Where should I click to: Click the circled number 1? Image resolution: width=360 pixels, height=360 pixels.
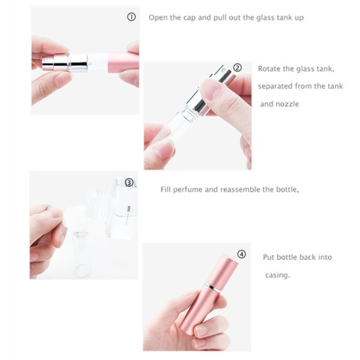click(131, 17)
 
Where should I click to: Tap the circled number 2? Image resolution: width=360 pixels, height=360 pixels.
click(238, 68)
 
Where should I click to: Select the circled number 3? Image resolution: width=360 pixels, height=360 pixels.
click(129, 183)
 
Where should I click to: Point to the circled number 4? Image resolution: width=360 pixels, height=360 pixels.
click(242, 254)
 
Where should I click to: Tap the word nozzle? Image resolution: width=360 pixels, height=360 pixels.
click(287, 104)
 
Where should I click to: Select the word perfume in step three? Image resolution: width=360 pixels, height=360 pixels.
click(187, 190)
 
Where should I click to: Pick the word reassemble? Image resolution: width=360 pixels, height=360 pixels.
click(239, 190)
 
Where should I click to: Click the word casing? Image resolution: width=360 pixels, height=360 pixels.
click(277, 275)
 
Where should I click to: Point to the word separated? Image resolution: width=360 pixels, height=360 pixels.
click(275, 86)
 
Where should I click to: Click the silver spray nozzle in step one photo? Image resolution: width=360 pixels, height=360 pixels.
click(65, 62)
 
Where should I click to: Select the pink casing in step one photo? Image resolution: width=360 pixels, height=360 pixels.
click(124, 62)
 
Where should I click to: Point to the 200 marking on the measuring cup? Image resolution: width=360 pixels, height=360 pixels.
click(128, 209)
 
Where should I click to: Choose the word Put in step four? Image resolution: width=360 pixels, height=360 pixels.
click(269, 257)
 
